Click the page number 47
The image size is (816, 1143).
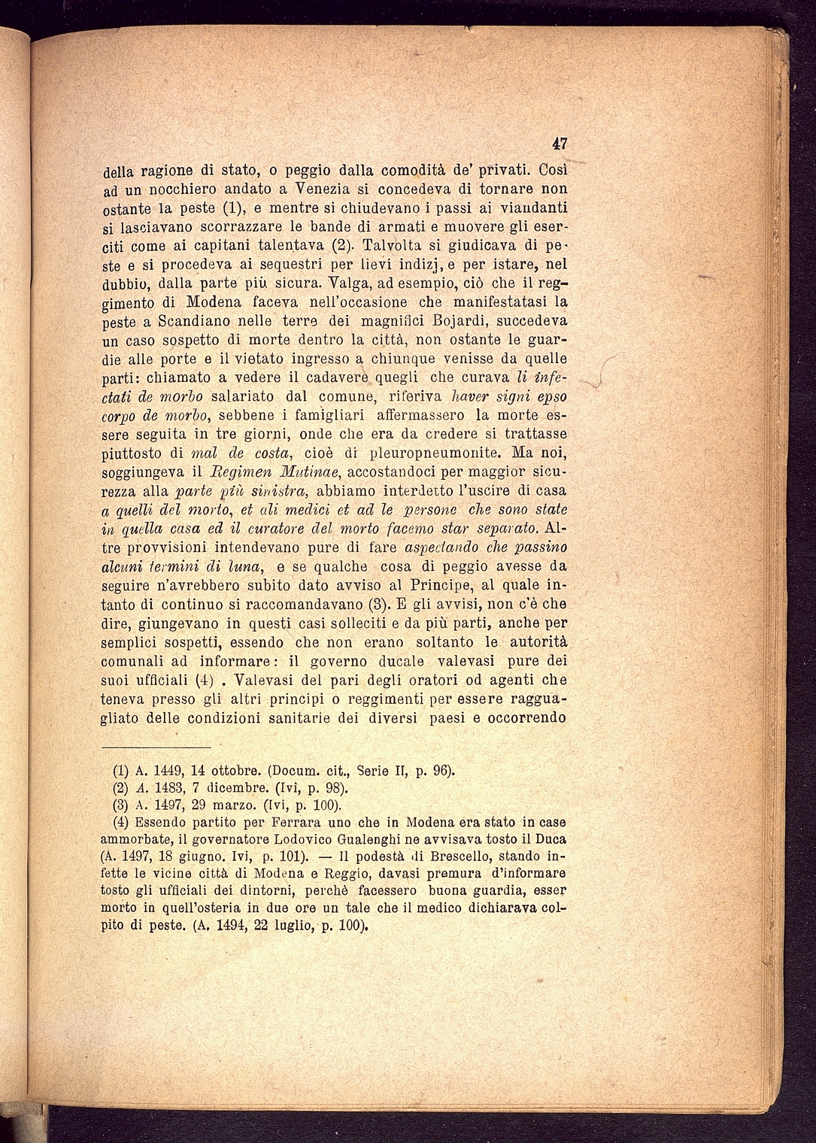tap(559, 144)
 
